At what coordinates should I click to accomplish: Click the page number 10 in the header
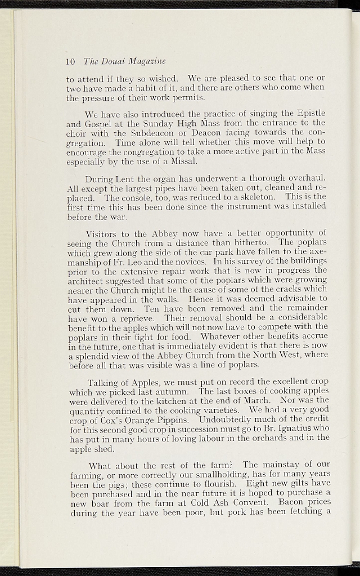[71, 61]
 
